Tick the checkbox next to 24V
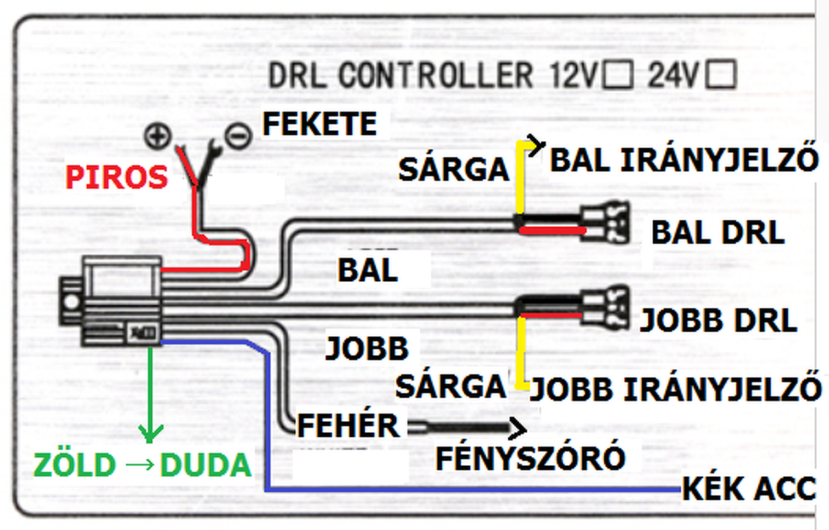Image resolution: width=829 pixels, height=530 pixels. [x=721, y=75]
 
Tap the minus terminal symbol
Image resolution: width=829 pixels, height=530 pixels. [x=238, y=135]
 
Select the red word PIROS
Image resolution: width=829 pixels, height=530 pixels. [x=117, y=178]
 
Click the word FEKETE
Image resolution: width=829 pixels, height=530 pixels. [x=319, y=124]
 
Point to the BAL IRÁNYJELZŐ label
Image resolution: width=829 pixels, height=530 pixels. [x=683, y=160]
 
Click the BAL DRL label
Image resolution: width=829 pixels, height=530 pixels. [x=718, y=233]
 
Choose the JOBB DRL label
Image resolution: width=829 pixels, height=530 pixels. [x=718, y=321]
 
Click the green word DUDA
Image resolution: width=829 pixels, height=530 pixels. [x=205, y=465]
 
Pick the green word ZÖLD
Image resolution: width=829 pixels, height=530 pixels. [x=75, y=465]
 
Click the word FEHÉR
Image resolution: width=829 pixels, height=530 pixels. [x=348, y=426]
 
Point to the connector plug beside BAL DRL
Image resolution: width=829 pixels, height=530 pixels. [x=608, y=224]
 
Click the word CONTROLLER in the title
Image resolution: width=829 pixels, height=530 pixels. [x=435, y=76]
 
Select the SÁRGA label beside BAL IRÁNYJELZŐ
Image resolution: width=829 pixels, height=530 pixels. [x=453, y=170]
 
